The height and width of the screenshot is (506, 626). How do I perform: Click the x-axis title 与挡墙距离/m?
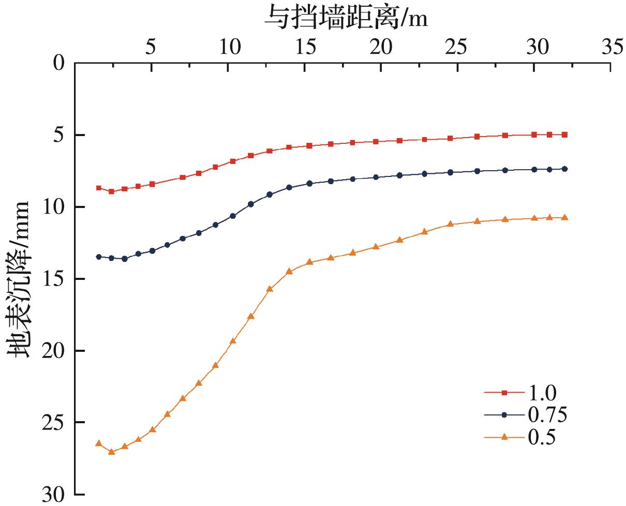(346, 19)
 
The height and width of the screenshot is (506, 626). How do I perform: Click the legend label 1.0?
(542, 393)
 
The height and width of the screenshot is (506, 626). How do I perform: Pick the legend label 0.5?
(542, 437)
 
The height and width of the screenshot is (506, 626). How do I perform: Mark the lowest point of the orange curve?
(111, 452)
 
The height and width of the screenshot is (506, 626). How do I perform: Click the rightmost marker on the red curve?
(564, 135)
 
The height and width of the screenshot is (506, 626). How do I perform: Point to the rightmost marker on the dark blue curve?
(564, 169)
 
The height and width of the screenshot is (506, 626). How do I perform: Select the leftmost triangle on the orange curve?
(98, 443)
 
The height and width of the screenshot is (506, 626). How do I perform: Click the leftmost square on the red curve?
(98, 188)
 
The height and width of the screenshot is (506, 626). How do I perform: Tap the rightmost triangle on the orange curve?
(564, 217)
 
